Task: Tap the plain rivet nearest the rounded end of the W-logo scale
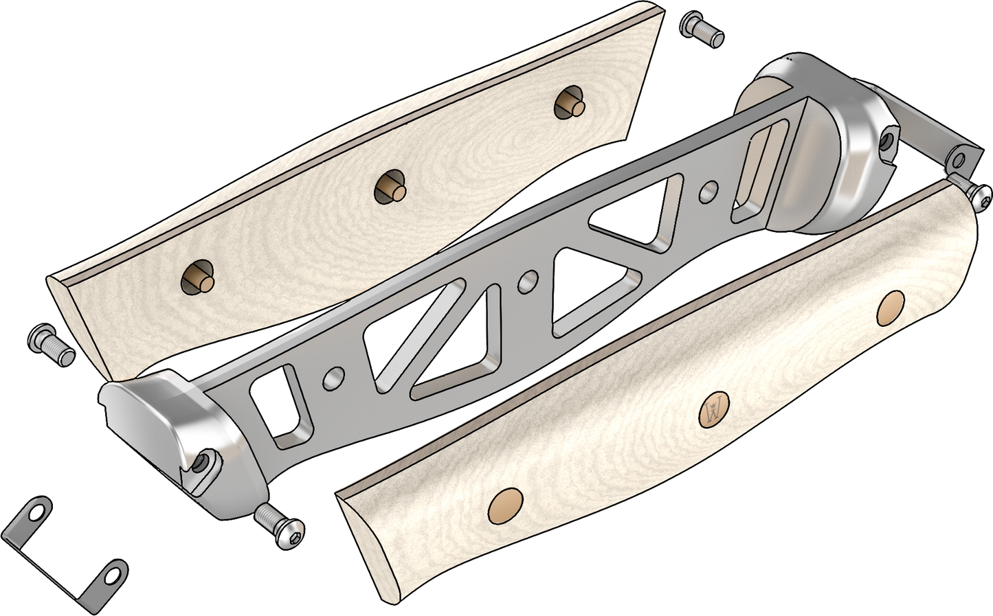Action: pyautogui.click(x=891, y=308)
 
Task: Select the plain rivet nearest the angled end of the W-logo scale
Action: pyautogui.click(x=505, y=506)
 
